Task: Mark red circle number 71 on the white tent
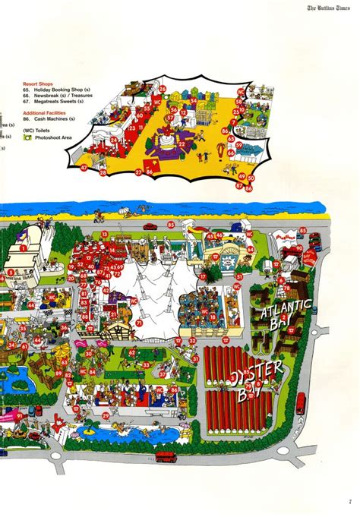click(140, 323)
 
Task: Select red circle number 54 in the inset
click(194, 100)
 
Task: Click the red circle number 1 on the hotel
click(23, 247)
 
